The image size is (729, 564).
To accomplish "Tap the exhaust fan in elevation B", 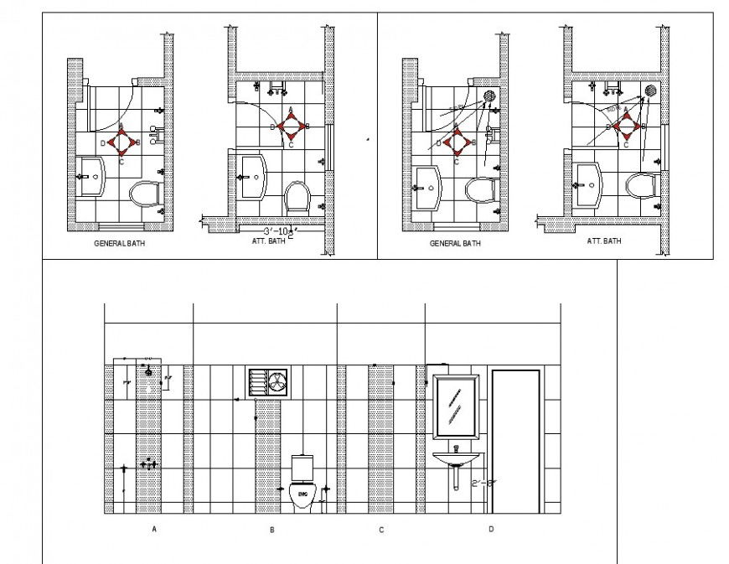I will click(x=268, y=381).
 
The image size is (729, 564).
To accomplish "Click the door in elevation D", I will click(x=516, y=442).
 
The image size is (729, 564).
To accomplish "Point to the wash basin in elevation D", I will click(x=455, y=458).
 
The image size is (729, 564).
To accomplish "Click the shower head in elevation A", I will click(x=148, y=370).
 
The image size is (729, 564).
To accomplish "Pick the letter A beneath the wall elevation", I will click(x=154, y=529).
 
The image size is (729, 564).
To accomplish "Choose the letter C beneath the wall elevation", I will click(x=381, y=530).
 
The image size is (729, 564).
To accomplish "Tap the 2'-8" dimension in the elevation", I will click(x=483, y=483).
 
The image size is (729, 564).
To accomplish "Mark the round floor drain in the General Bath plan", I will click(x=489, y=96).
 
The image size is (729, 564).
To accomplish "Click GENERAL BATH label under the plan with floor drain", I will click(x=455, y=243).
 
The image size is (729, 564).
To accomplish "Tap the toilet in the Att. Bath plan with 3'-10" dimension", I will click(x=297, y=197).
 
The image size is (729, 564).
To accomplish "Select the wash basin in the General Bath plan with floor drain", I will click(x=427, y=186).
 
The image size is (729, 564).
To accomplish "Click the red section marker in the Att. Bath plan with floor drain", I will click(x=626, y=127).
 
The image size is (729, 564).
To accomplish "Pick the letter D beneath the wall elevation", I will click(x=492, y=528).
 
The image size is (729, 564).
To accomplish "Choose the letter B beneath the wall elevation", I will click(x=271, y=530).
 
